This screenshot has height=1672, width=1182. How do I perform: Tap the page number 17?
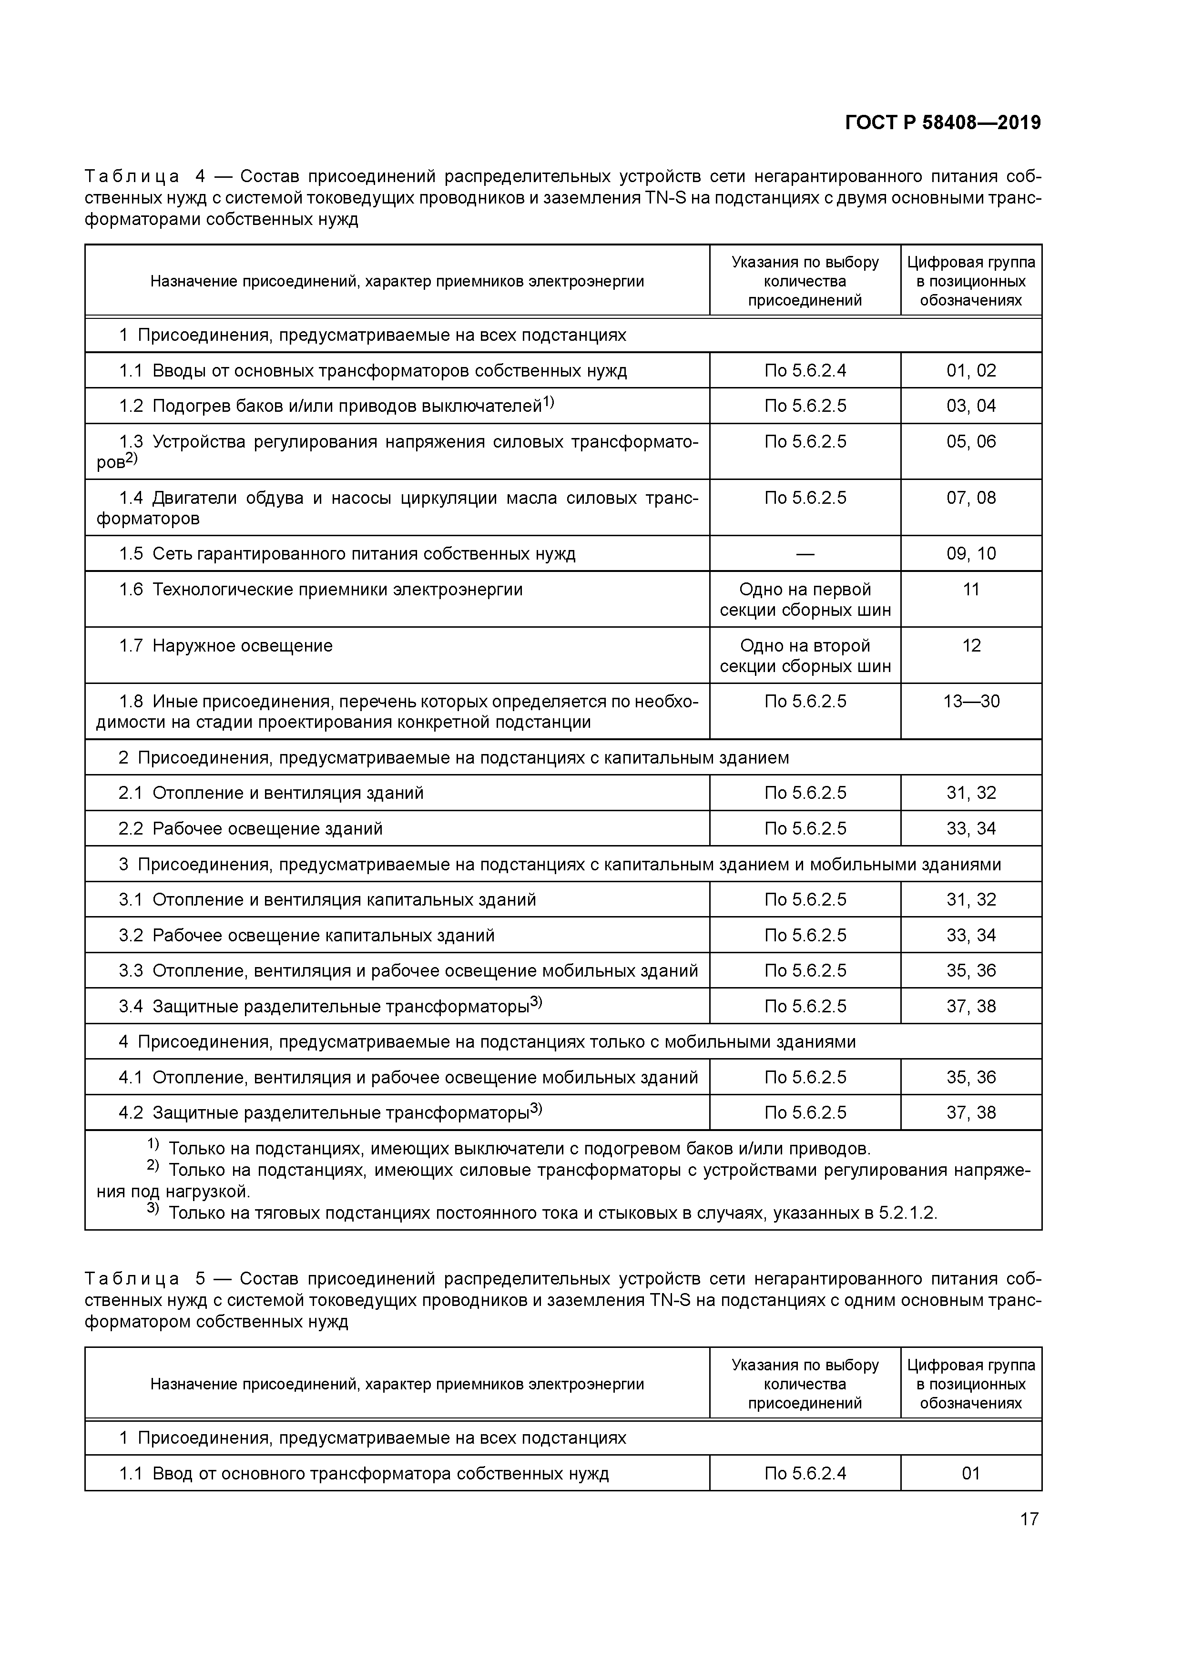[1029, 1519]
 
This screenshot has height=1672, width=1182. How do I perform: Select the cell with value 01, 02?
[971, 371]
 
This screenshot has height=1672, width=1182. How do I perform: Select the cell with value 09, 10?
[971, 553]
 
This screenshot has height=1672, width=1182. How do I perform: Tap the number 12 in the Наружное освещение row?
[971, 646]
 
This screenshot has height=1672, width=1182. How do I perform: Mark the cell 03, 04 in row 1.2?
[971, 406]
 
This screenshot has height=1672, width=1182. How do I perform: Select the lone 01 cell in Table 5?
[971, 1473]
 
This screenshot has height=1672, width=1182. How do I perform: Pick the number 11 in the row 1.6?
[971, 589]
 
